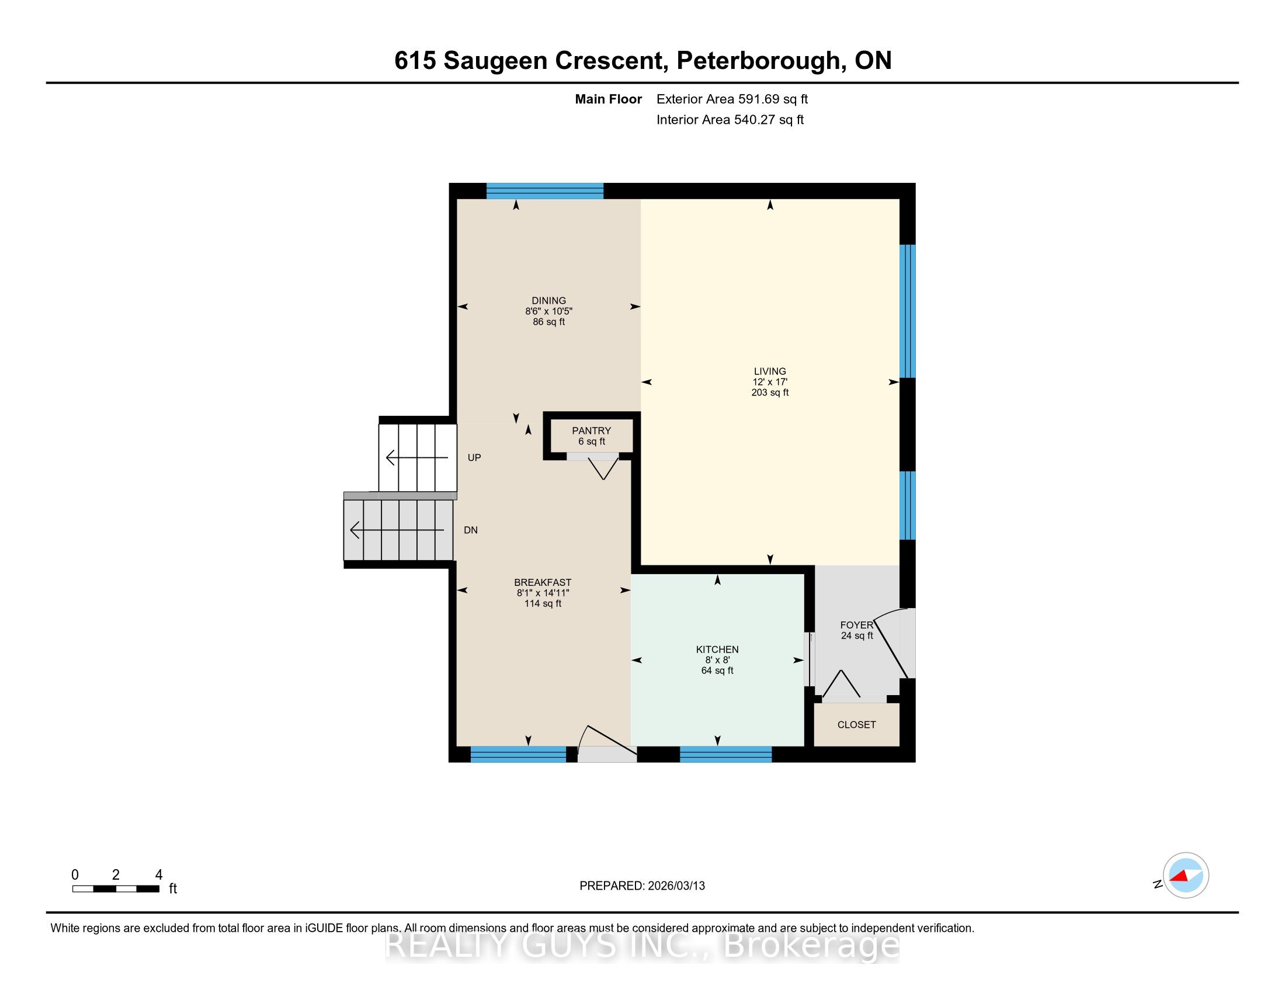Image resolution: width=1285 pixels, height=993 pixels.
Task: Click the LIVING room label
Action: click(770, 371)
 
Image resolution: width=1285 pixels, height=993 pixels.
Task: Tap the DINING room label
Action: click(548, 301)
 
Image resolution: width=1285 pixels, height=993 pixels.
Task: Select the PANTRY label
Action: click(591, 430)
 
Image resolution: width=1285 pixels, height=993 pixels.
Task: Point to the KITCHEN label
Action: click(717, 650)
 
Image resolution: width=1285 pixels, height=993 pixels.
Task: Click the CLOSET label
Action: click(857, 725)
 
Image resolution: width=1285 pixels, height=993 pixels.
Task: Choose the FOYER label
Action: click(857, 625)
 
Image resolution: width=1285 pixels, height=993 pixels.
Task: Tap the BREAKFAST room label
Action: click(543, 582)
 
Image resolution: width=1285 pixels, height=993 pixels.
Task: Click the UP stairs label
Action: click(474, 458)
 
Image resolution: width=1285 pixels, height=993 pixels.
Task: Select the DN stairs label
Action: click(471, 530)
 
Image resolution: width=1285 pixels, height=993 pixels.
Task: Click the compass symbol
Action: click(1185, 876)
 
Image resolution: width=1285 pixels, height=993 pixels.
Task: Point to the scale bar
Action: click(116, 889)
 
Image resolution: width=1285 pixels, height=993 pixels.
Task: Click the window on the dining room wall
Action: click(545, 191)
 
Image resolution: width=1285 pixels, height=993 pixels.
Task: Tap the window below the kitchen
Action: click(725, 754)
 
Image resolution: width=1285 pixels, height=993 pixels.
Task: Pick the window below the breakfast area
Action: click(518, 754)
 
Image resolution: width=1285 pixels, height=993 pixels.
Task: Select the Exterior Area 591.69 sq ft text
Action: click(732, 99)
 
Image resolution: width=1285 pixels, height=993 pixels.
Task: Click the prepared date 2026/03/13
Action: click(676, 886)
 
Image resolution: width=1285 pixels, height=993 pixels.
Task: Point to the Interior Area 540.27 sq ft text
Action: click(730, 120)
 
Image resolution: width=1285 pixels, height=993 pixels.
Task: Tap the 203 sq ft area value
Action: click(770, 393)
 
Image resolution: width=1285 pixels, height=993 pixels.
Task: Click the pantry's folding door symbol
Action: click(603, 467)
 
